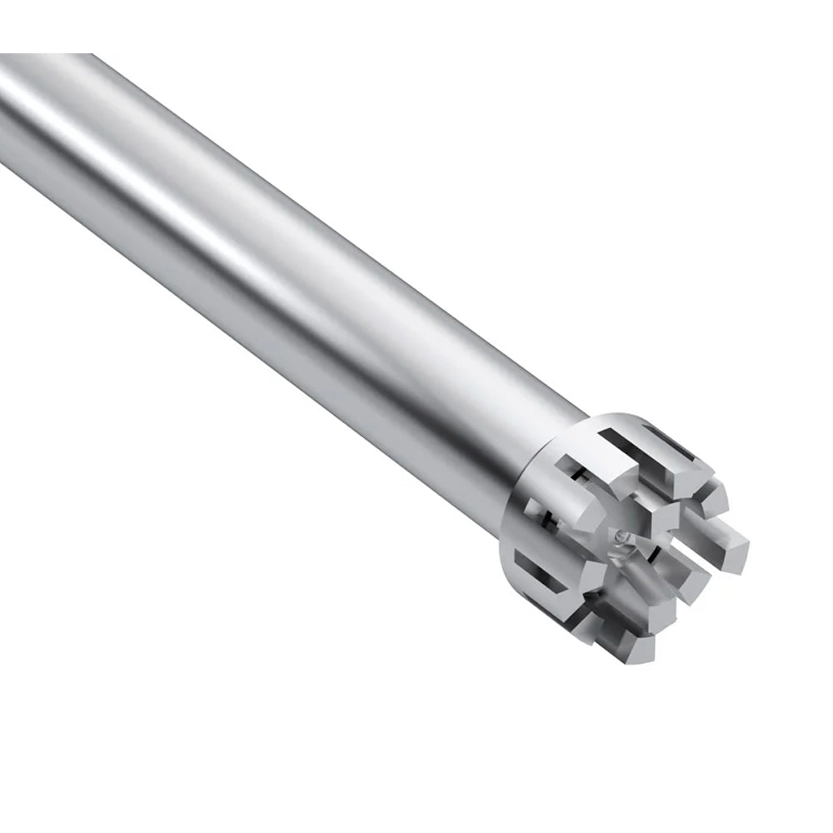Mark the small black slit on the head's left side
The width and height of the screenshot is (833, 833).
[546, 521]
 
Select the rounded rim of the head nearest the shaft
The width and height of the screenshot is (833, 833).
[521, 500]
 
